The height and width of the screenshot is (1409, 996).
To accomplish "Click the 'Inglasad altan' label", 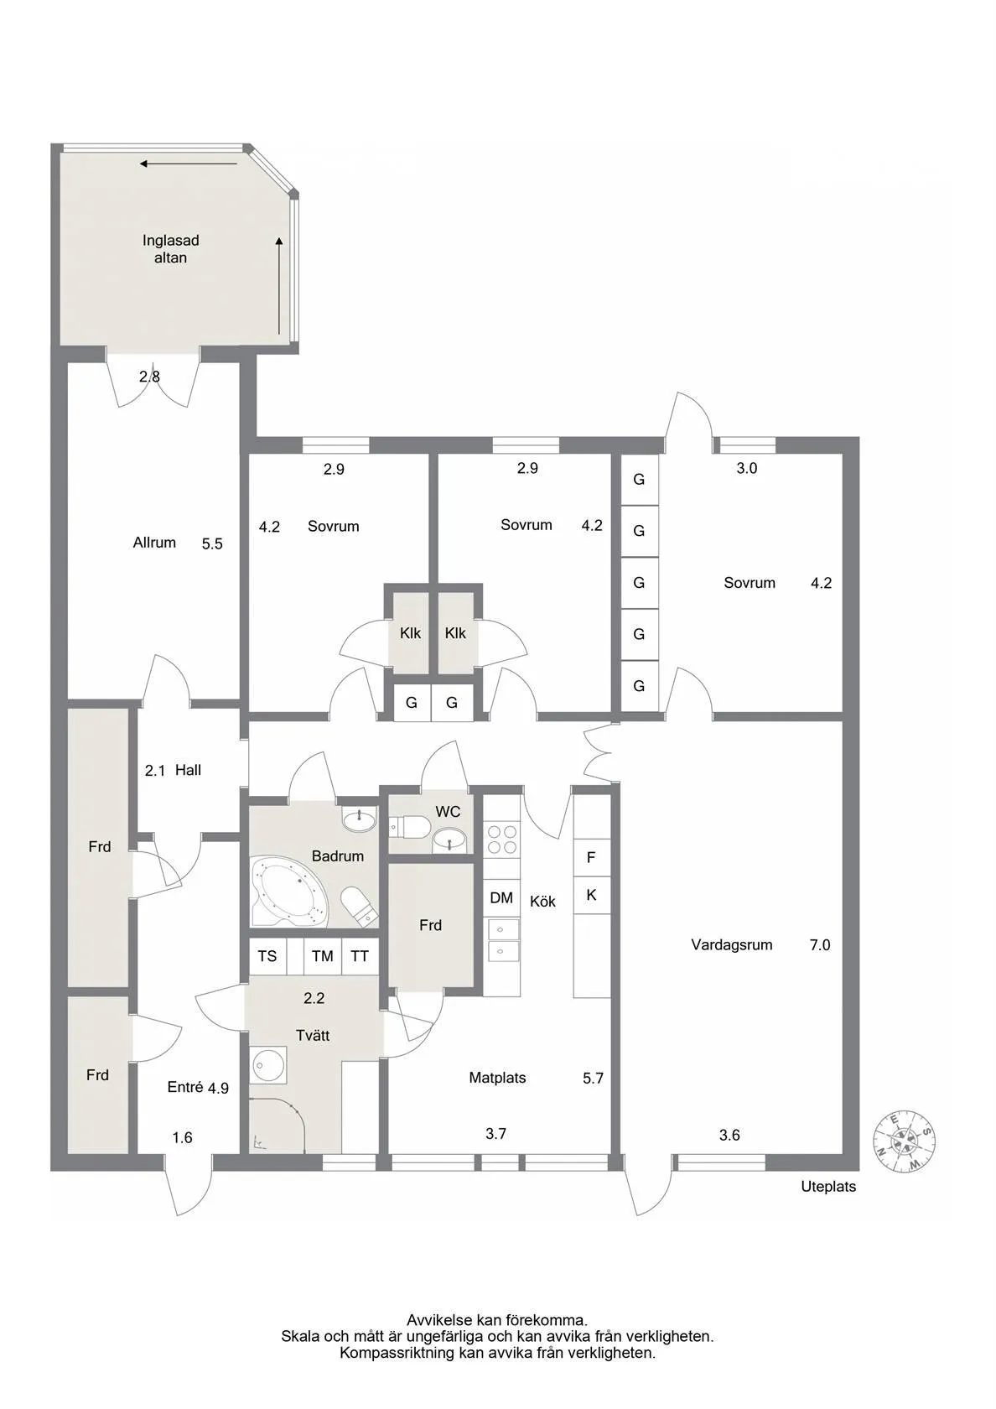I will (x=170, y=249).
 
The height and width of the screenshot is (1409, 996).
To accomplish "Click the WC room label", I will (x=448, y=812).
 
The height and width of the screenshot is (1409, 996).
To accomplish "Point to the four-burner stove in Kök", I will (x=502, y=840).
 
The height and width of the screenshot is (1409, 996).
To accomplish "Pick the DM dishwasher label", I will (x=501, y=898).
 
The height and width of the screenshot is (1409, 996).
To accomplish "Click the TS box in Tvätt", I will (x=267, y=956).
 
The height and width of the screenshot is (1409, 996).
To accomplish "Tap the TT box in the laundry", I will (x=360, y=956).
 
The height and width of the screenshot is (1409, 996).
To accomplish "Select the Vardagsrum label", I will (x=731, y=945).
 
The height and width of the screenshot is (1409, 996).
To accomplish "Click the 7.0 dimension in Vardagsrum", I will (x=820, y=945).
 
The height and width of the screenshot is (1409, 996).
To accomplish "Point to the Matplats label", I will (x=497, y=1079).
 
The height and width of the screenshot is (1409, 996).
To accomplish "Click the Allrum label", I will (x=154, y=543).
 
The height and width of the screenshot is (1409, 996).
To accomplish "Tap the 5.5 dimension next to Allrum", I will (x=212, y=544).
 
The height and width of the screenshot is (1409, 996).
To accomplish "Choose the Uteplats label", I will (x=828, y=1187).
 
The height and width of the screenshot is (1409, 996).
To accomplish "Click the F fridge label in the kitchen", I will (x=591, y=858).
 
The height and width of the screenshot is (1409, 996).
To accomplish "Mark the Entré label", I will (x=185, y=1087).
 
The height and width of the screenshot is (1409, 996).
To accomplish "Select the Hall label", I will (x=188, y=770).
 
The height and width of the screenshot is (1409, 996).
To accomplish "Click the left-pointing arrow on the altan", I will (x=189, y=164).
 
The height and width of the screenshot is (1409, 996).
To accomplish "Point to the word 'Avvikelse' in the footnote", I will (x=439, y=1320).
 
